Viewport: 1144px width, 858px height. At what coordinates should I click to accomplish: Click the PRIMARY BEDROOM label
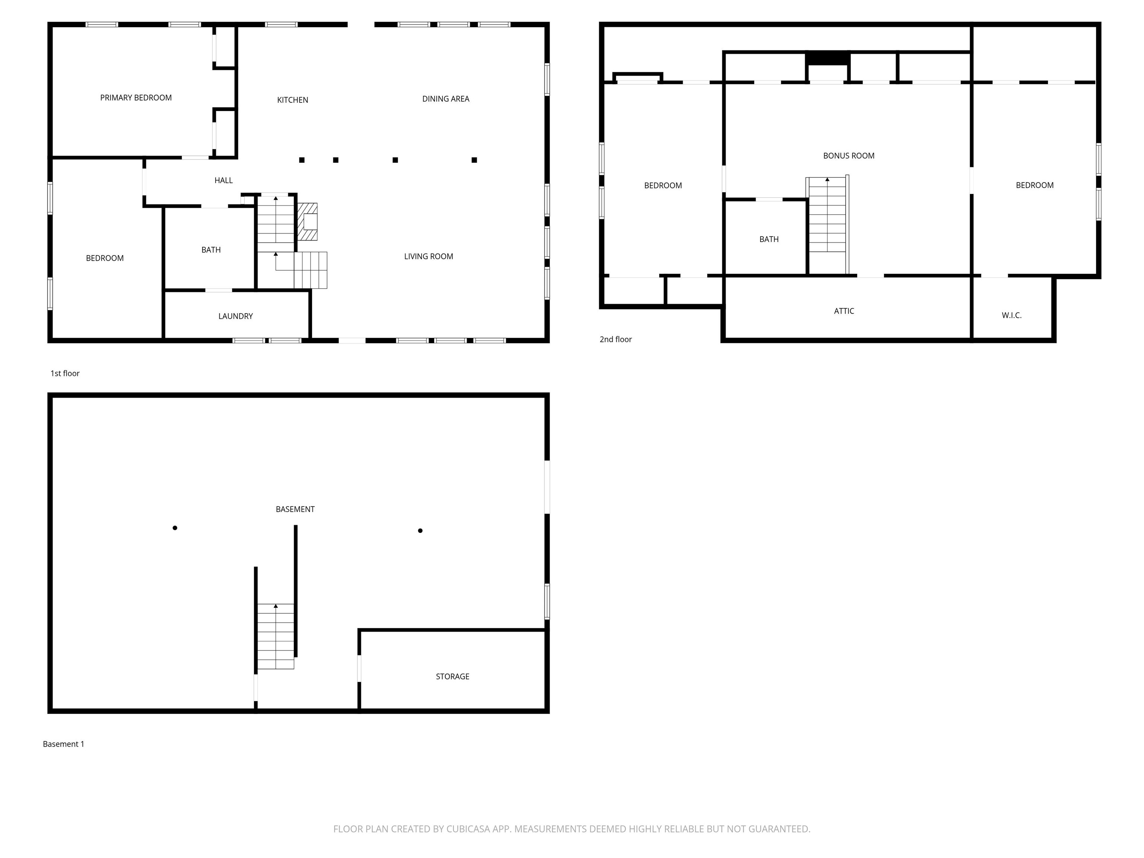(x=136, y=98)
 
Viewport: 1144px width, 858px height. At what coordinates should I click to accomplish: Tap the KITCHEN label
(x=292, y=100)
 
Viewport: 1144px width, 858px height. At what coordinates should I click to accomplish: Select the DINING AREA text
(x=445, y=99)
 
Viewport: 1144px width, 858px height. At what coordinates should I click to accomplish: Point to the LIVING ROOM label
(x=428, y=257)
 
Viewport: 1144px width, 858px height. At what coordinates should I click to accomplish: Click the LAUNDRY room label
(x=235, y=316)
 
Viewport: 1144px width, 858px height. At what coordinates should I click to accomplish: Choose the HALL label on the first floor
(x=223, y=181)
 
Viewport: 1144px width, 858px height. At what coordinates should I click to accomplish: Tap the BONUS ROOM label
(x=848, y=156)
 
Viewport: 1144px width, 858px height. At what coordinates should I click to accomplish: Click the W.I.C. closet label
(x=1011, y=315)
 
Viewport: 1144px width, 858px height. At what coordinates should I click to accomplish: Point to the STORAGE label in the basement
(x=452, y=677)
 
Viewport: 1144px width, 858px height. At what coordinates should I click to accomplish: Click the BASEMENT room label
(x=295, y=509)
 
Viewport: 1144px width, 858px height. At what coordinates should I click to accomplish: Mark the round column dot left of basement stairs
(x=175, y=528)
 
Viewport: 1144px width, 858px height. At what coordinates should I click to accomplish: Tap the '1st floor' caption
(x=65, y=374)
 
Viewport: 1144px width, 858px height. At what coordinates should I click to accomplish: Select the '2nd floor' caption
(x=616, y=339)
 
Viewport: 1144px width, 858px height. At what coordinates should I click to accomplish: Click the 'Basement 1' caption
(x=63, y=744)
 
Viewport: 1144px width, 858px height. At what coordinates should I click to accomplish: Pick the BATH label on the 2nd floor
(x=769, y=239)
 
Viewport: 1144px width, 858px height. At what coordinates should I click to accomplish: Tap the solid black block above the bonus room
(x=827, y=58)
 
